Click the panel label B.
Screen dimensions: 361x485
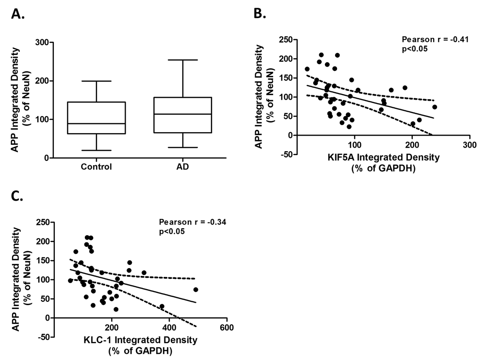pos(260,13)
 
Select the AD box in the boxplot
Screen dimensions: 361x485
pos(183,115)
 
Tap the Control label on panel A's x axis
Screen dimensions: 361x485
pos(97,167)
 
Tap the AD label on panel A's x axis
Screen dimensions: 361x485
pos(183,167)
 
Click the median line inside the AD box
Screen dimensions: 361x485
pos(183,114)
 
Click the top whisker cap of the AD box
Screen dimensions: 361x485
pos(183,60)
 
